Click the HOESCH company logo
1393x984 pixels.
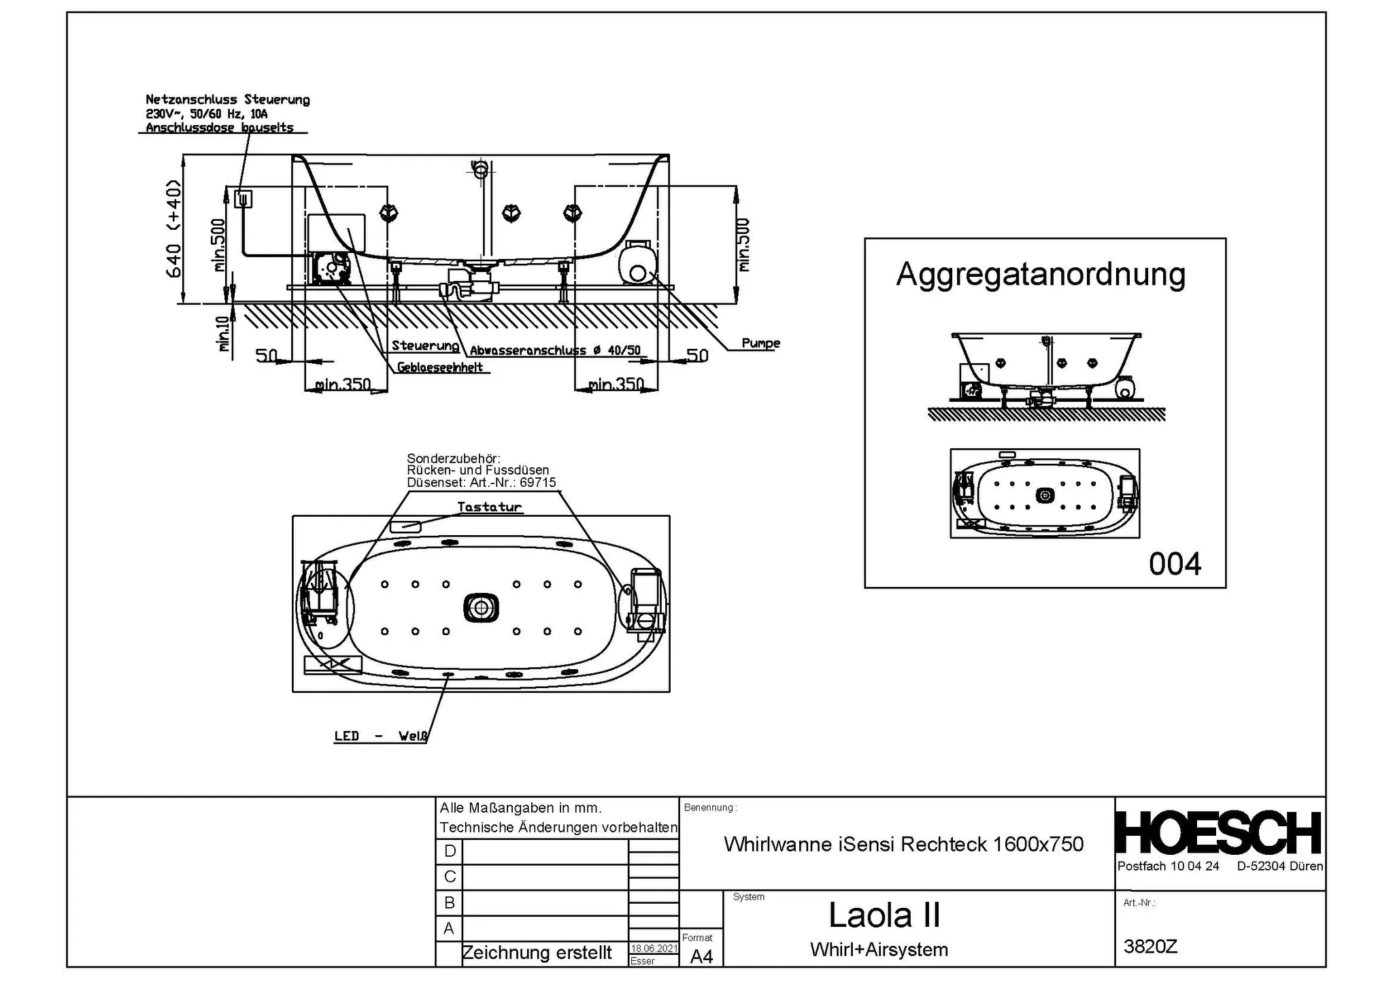pos(1218,834)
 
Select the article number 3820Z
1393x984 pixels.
pos(1150,946)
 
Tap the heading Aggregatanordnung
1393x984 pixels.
pos(1040,274)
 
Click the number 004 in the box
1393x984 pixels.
pos(1175,564)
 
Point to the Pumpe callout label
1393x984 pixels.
pos(760,343)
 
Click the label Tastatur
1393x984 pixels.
pos(489,507)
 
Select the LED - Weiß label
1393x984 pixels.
pos(381,736)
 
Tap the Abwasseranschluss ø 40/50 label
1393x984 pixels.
pos(555,351)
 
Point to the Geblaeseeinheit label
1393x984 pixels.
pos(440,367)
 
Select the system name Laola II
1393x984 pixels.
pos(884,915)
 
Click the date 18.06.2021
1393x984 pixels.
pos(654,948)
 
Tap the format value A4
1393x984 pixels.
pos(701,956)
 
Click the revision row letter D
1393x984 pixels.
pos(450,851)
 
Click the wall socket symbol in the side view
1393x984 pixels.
pos(243,199)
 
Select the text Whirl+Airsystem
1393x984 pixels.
pos(879,949)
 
